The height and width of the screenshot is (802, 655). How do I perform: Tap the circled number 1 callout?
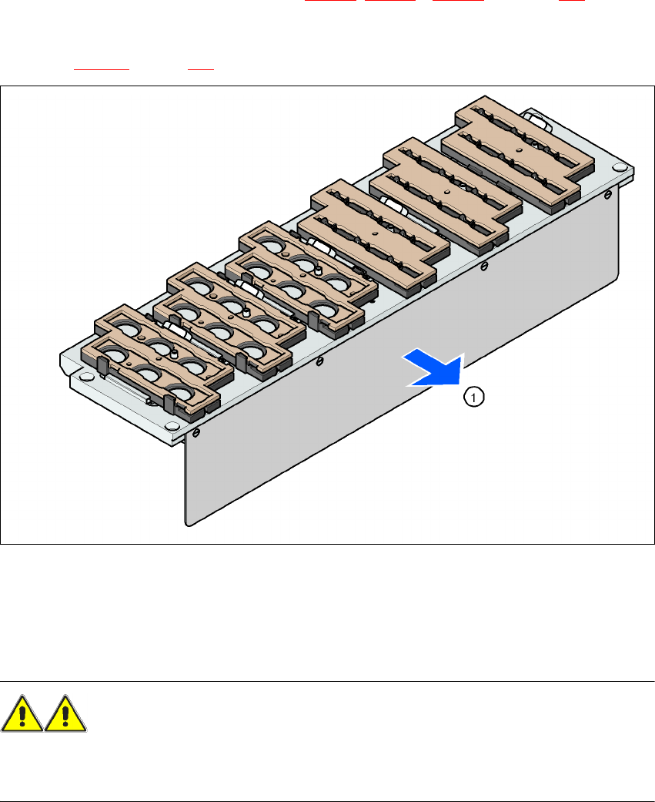point(475,397)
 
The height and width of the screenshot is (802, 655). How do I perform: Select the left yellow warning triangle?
point(22,715)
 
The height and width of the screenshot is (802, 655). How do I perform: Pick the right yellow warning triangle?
point(65,715)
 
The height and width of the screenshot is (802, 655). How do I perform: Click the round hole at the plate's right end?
point(618,168)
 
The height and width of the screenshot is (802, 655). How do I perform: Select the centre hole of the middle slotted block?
point(446,187)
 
